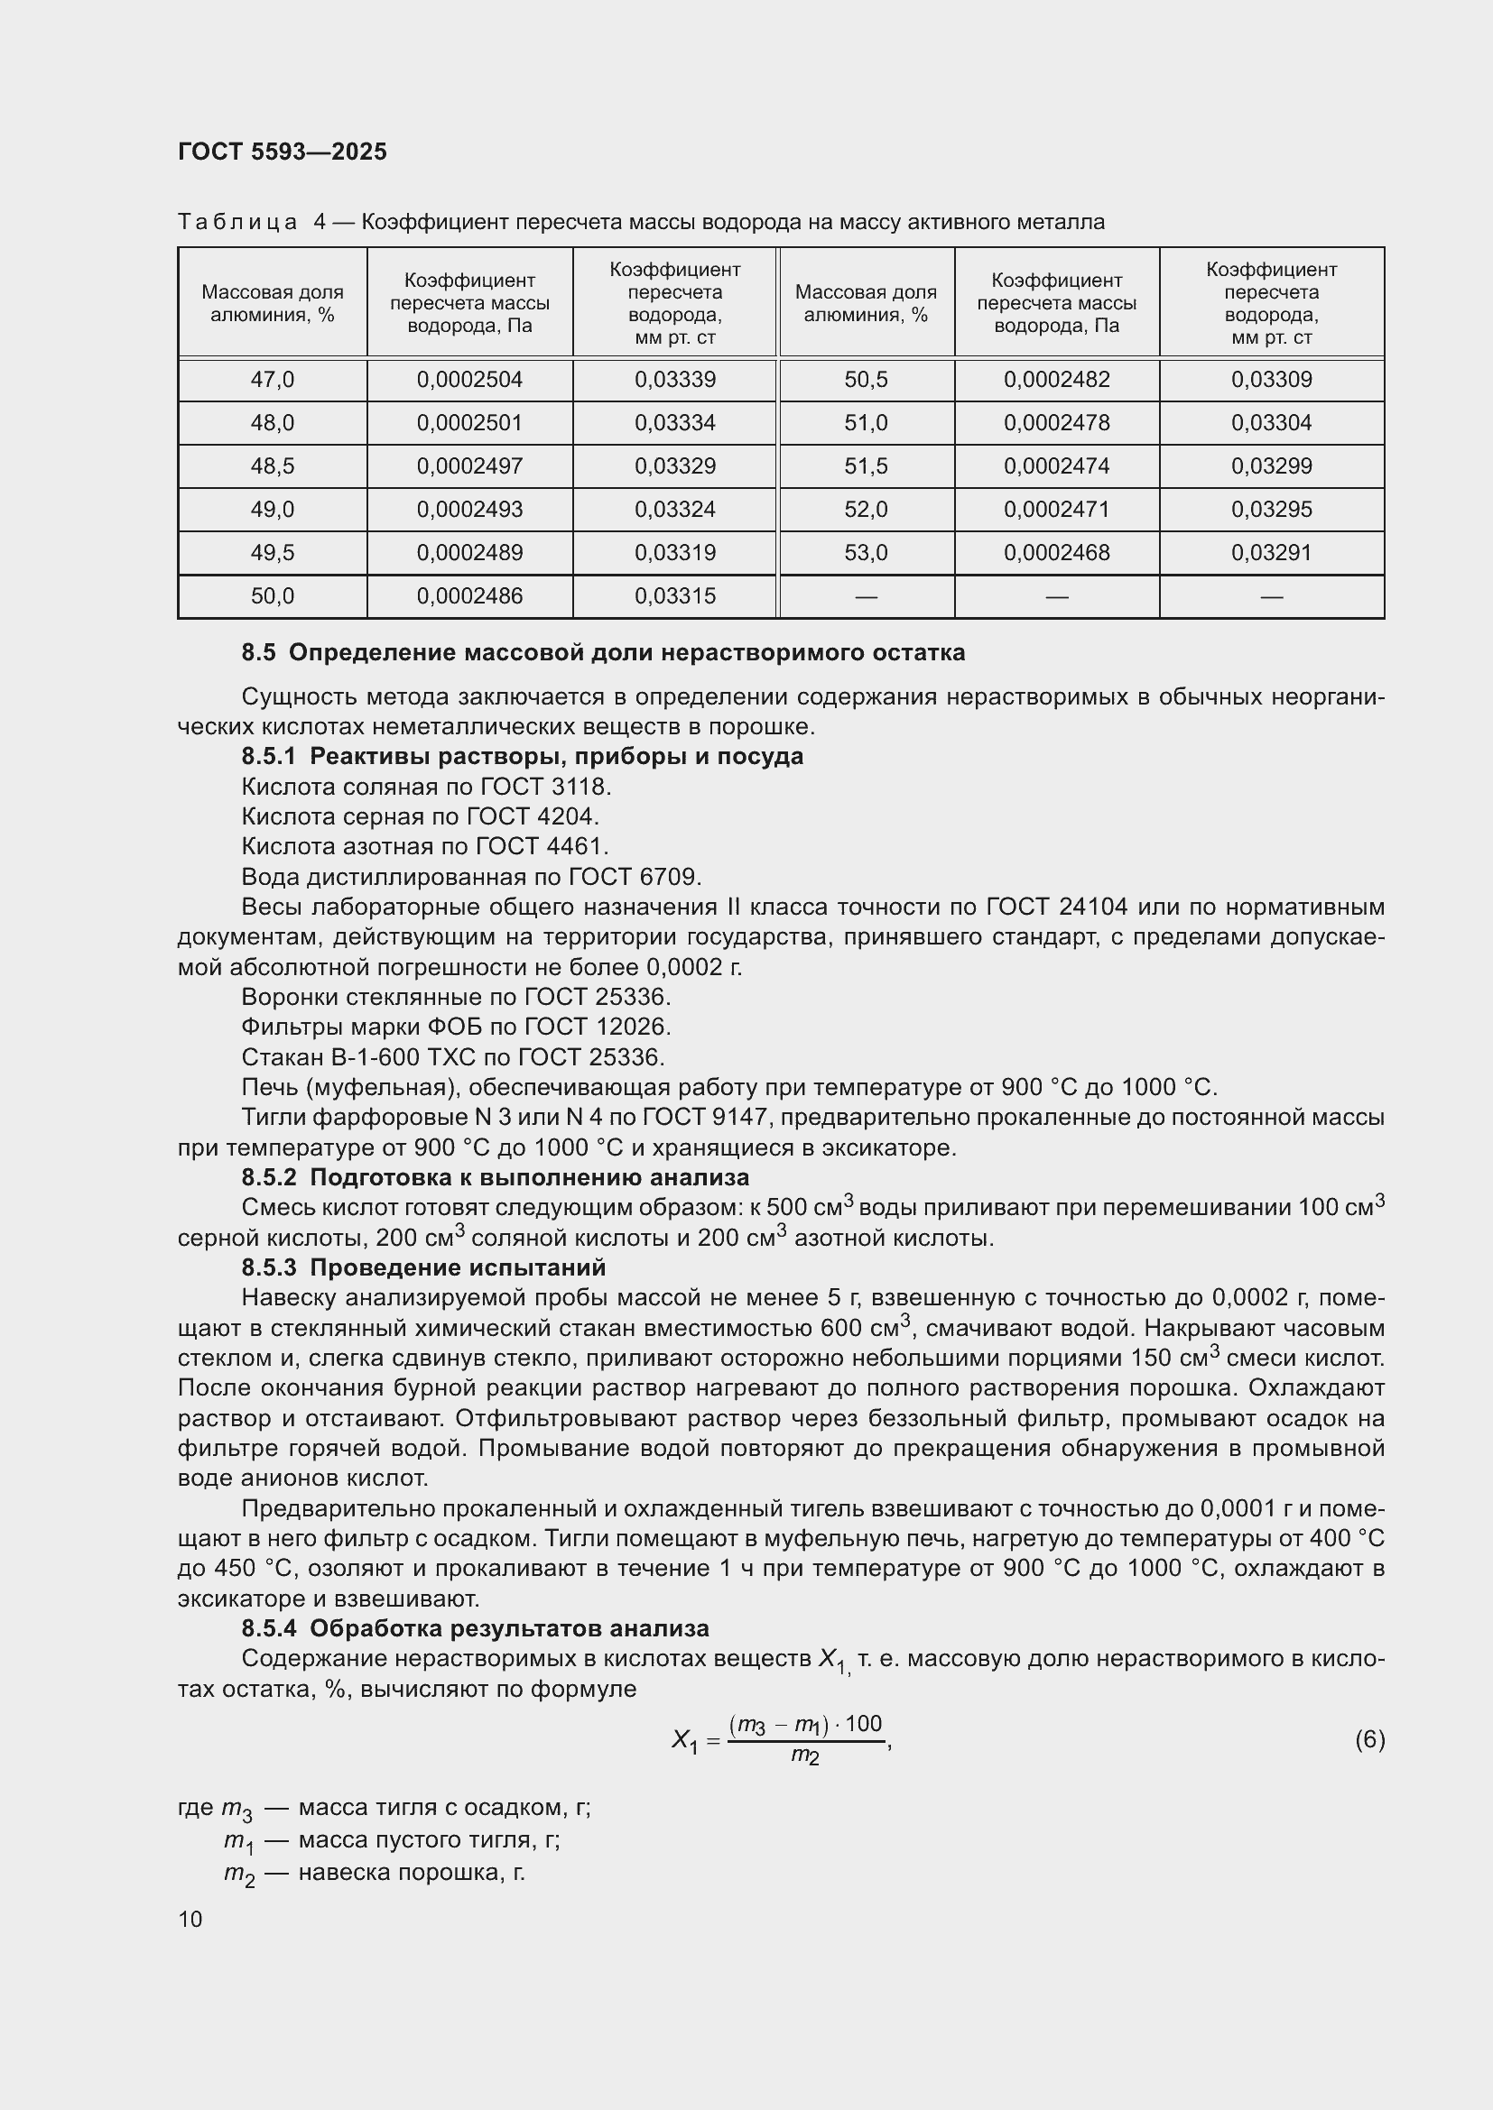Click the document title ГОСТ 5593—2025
pos(283,152)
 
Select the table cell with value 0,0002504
pos(468,380)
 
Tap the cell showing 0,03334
pos(675,423)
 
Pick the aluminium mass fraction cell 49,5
pos(272,552)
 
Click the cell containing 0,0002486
pos(468,595)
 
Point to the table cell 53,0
pos(866,552)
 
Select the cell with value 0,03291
pos(1272,552)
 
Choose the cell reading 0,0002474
pos(1056,465)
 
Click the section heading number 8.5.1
pos(268,756)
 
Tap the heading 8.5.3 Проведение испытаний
pos(422,1267)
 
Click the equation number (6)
pos(1369,1738)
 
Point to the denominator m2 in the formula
pos(804,1756)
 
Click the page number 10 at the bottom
pos(190,1919)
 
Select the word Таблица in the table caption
pos(238,223)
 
